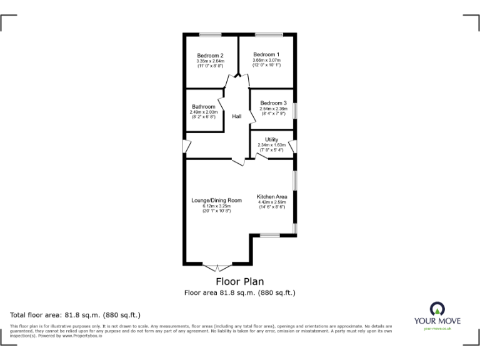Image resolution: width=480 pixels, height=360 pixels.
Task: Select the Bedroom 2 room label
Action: (x=210, y=56)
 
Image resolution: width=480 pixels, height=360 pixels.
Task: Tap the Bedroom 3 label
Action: (x=273, y=103)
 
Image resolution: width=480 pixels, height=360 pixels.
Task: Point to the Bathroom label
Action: (x=204, y=107)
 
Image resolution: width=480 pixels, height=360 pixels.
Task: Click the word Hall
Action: (x=237, y=117)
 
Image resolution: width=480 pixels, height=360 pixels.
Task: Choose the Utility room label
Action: (x=271, y=139)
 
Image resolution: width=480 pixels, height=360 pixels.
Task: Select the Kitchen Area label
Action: (x=272, y=196)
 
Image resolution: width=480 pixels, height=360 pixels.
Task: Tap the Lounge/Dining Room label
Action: (x=216, y=201)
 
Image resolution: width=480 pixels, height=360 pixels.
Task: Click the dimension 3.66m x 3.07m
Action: (x=267, y=60)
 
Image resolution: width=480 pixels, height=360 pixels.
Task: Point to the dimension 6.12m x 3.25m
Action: (x=216, y=206)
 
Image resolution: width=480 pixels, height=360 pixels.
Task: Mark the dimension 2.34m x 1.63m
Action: (x=271, y=145)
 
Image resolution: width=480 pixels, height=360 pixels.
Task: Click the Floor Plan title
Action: (x=239, y=282)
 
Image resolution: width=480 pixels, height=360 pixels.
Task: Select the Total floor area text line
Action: (x=76, y=315)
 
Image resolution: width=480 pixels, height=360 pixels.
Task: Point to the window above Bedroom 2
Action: (x=210, y=34)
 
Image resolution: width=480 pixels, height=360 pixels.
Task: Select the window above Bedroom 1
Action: (x=267, y=34)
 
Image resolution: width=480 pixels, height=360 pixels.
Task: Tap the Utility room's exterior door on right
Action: (x=292, y=147)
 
